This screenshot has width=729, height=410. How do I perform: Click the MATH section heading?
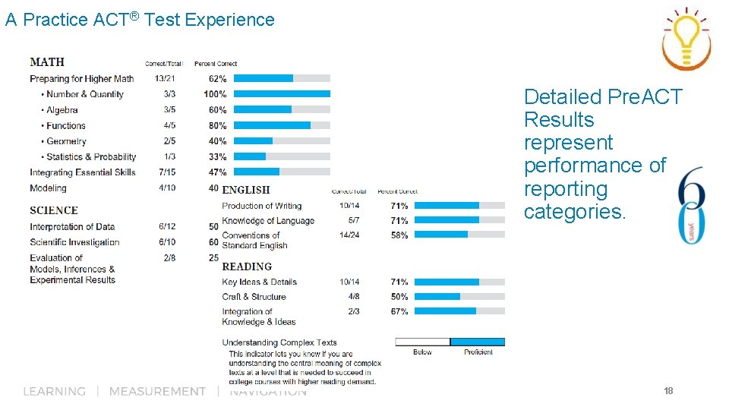47,62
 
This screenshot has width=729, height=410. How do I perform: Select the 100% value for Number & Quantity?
215,94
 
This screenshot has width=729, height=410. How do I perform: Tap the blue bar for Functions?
273,125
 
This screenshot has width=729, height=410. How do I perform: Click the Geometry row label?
66,141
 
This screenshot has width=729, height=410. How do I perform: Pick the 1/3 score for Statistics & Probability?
169,157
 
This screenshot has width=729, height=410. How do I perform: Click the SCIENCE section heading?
54,210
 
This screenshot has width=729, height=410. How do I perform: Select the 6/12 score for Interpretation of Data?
167,226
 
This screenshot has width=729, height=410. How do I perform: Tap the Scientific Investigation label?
74,242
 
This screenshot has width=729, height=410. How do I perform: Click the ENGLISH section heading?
246,190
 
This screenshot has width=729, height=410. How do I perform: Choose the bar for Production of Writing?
447,205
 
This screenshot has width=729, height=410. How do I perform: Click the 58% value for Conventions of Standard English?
399,235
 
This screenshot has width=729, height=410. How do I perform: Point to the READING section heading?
247,266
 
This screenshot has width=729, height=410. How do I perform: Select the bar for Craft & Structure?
437,296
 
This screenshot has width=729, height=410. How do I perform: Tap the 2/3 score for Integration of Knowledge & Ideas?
354,311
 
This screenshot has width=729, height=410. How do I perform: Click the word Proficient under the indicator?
478,352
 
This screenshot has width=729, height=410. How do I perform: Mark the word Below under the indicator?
422,352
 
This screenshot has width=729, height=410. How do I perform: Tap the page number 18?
668,391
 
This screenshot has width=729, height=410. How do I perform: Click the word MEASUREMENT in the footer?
157,391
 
